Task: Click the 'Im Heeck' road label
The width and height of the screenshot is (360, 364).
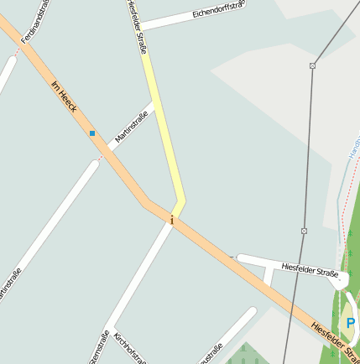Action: tap(65, 97)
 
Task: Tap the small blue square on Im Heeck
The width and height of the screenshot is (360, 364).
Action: tap(92, 133)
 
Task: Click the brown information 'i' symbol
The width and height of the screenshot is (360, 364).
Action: tap(172, 221)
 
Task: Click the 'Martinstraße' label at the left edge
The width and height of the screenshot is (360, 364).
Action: tap(9, 285)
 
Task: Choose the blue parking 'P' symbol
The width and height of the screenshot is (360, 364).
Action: tap(351, 323)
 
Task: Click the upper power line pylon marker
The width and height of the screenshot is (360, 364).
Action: tap(312, 65)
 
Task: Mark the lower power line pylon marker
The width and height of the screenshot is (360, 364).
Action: tap(304, 231)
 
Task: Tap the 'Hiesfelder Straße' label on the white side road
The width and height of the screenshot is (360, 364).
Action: tap(310, 269)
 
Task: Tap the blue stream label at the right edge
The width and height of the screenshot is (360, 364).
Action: tap(352, 151)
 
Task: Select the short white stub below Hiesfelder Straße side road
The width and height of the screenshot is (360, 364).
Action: tap(268, 273)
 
